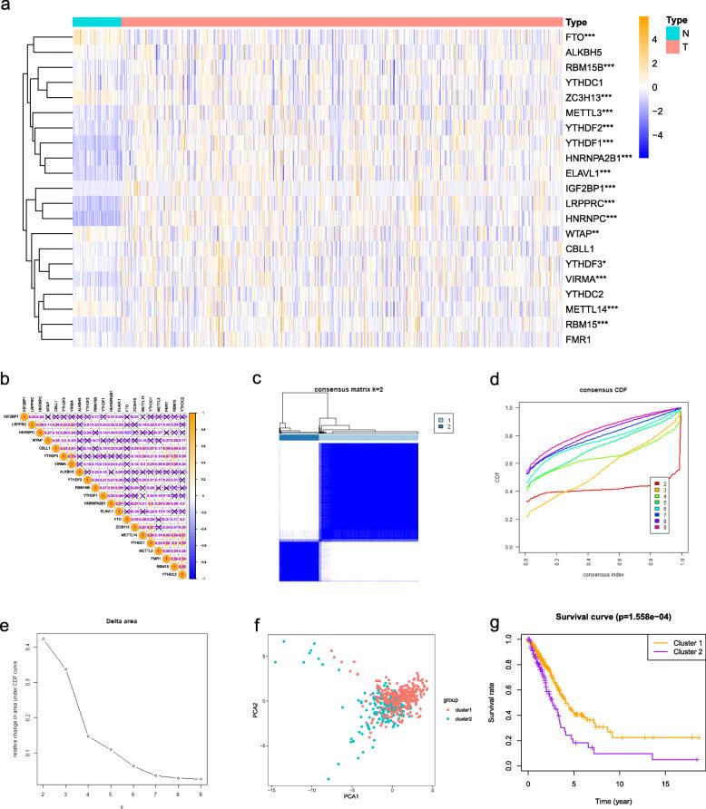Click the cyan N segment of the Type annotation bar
coord(96,22)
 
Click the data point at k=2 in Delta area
coord(43,639)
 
